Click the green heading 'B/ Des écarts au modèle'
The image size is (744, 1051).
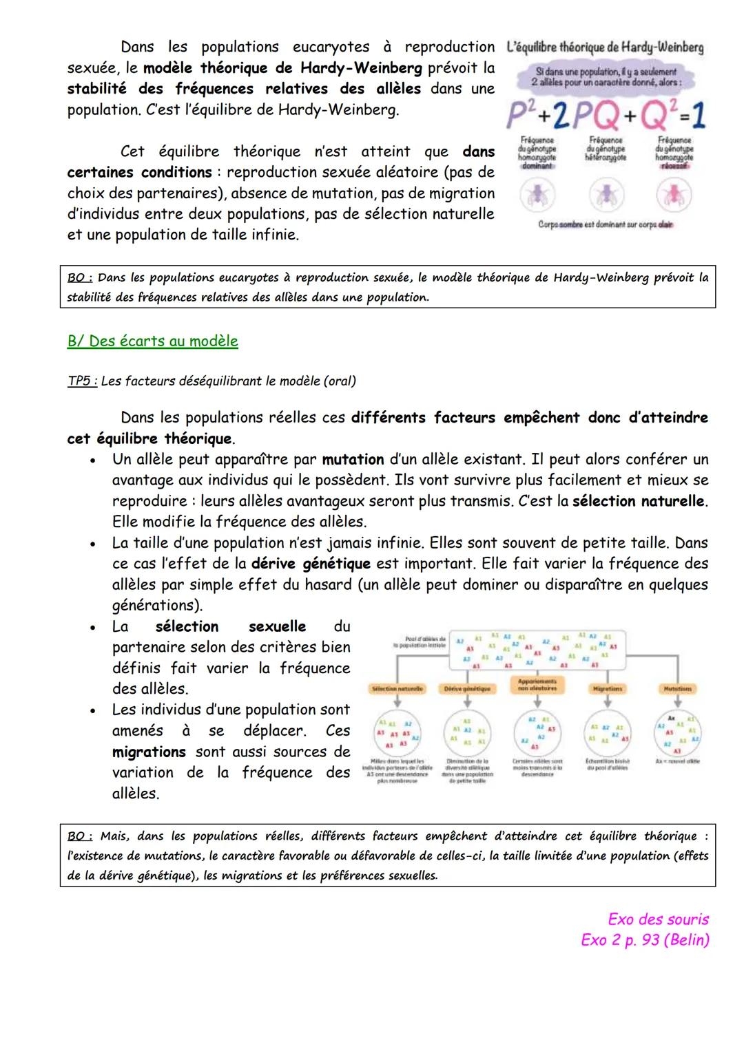pyautogui.click(x=152, y=341)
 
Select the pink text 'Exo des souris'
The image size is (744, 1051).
pyautogui.click(x=658, y=919)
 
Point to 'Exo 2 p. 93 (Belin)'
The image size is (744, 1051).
pyautogui.click(x=645, y=940)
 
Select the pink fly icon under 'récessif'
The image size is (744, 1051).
pyautogui.click(x=674, y=195)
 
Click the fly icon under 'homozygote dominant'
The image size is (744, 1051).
pyautogui.click(x=538, y=195)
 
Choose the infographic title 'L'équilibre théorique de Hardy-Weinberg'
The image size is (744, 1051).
pyautogui.click(x=604, y=48)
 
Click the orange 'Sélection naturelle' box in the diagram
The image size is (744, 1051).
pyautogui.click(x=397, y=688)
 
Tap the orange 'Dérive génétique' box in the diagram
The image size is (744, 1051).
pyautogui.click(x=467, y=688)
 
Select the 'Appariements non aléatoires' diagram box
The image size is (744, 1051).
pyautogui.click(x=537, y=685)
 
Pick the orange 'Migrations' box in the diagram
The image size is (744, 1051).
pyautogui.click(x=607, y=688)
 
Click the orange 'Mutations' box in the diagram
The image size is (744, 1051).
pyautogui.click(x=677, y=688)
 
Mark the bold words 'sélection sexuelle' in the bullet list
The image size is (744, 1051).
pyautogui.click(x=230, y=627)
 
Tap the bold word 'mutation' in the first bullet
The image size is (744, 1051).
pyautogui.click(x=353, y=460)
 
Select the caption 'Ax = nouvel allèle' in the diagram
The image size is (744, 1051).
pyautogui.click(x=677, y=761)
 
